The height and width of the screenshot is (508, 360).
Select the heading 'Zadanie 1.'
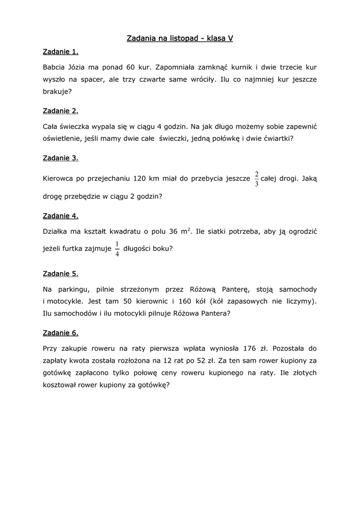coord(61,52)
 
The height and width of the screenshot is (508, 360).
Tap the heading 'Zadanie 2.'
coord(61,111)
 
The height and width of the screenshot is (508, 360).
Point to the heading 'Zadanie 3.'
coord(61,158)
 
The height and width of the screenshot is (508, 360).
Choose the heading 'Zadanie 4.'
coord(61,216)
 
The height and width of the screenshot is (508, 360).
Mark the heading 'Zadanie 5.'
coord(61,273)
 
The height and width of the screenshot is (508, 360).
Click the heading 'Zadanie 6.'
coord(61,332)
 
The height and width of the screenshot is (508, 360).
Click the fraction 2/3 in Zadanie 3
coord(257,179)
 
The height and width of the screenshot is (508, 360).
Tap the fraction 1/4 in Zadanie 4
coord(117,249)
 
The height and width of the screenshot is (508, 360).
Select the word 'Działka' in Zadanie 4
coord(57,232)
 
